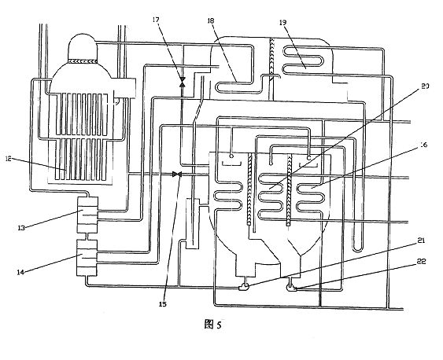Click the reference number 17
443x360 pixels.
(x=156, y=20)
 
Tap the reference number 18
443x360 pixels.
(x=210, y=20)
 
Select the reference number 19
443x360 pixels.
(x=282, y=22)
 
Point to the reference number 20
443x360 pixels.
(x=425, y=86)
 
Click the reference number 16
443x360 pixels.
(x=423, y=145)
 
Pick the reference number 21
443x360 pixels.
(x=421, y=241)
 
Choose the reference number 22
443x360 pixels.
(x=421, y=262)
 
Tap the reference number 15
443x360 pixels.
(x=162, y=304)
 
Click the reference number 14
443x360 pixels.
(x=20, y=272)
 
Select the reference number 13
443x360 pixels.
(x=21, y=228)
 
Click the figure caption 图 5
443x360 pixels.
(x=212, y=325)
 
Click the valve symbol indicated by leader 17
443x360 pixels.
(x=183, y=81)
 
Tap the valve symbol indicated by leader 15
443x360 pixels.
(x=177, y=174)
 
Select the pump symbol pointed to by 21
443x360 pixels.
(x=244, y=288)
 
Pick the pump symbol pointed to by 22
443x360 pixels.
(x=292, y=288)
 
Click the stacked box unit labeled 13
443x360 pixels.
(x=87, y=215)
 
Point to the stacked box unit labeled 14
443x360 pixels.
(x=87, y=258)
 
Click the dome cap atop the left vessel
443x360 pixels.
(x=83, y=47)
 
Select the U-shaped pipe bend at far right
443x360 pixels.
(x=357, y=249)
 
